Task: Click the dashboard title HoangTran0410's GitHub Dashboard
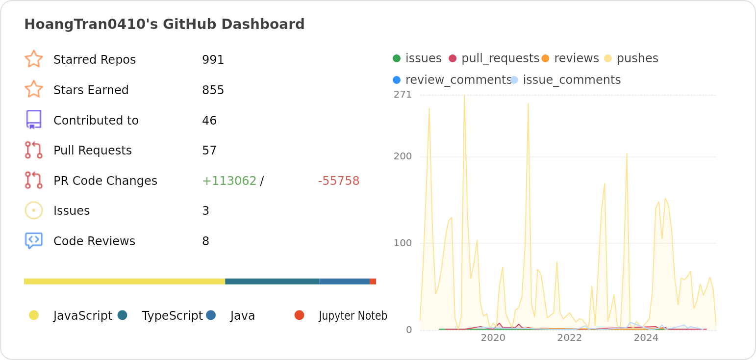164,25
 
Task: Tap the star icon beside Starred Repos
34,59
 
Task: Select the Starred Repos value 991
213,60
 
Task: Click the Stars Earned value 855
213,90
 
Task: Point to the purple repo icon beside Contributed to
34,120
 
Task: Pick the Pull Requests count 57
209,151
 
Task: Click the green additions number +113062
229,181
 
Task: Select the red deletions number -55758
338,181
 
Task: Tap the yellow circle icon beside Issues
34,210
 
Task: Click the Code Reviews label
94,241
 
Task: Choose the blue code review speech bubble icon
34,240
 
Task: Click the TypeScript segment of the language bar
272,282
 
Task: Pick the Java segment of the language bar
344,282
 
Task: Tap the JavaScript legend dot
34,315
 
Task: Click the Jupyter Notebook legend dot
299,315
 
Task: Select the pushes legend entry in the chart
637,58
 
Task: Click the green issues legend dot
397,58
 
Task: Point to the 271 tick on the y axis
403,95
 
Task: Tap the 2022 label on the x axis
569,338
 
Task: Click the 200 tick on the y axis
403,156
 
